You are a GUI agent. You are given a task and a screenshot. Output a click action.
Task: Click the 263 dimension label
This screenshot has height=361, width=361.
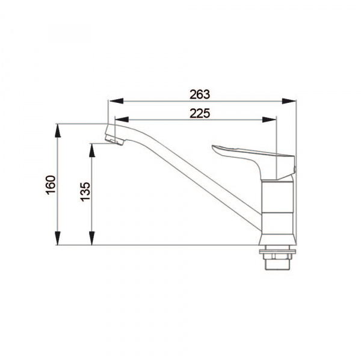[x=200, y=94]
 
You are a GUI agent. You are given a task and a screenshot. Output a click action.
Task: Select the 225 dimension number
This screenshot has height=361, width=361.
[x=200, y=113]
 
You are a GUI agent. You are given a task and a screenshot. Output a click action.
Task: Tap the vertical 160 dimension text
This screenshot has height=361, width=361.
[x=51, y=185]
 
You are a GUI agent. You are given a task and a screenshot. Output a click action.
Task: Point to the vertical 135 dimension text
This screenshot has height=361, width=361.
[x=85, y=192]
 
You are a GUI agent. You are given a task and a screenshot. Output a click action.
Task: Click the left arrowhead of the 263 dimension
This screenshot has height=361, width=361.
[x=117, y=101]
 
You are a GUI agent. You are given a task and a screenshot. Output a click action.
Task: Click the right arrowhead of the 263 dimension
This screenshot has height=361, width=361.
[x=289, y=101]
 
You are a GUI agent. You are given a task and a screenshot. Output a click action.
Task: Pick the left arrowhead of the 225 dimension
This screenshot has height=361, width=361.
[x=122, y=120]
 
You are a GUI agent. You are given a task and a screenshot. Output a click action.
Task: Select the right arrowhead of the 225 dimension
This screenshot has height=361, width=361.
[x=269, y=120]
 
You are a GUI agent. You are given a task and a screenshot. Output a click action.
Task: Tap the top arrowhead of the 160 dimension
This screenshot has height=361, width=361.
[x=58, y=131]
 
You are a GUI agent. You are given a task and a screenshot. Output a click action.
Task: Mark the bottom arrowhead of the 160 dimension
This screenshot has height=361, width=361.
[x=58, y=238]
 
